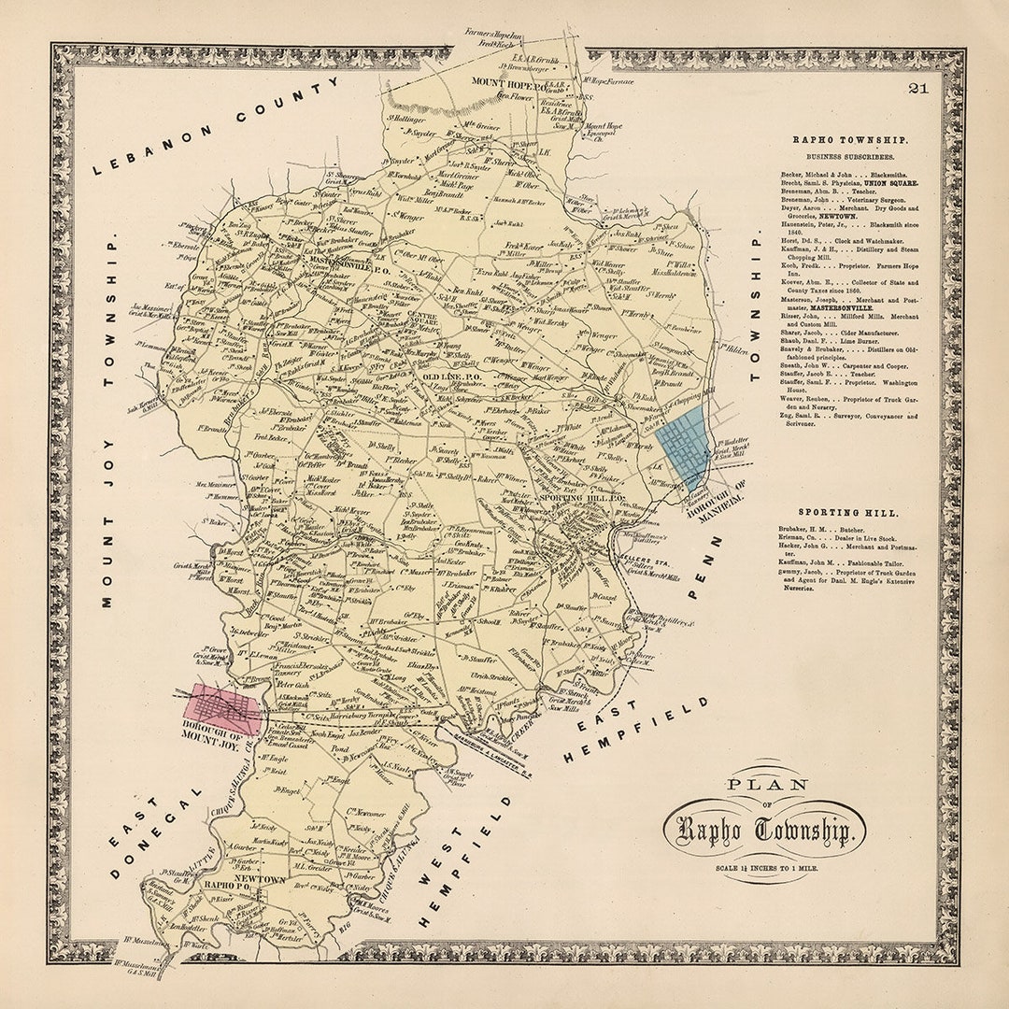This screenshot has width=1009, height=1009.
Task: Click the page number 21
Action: coord(917,89)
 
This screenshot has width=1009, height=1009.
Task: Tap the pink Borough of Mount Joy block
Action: coord(224,707)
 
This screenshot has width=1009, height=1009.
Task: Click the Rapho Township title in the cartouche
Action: coord(764,831)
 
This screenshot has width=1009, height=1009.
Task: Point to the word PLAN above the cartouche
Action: coord(766,785)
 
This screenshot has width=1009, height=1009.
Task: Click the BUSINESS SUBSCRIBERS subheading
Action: coord(837,158)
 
